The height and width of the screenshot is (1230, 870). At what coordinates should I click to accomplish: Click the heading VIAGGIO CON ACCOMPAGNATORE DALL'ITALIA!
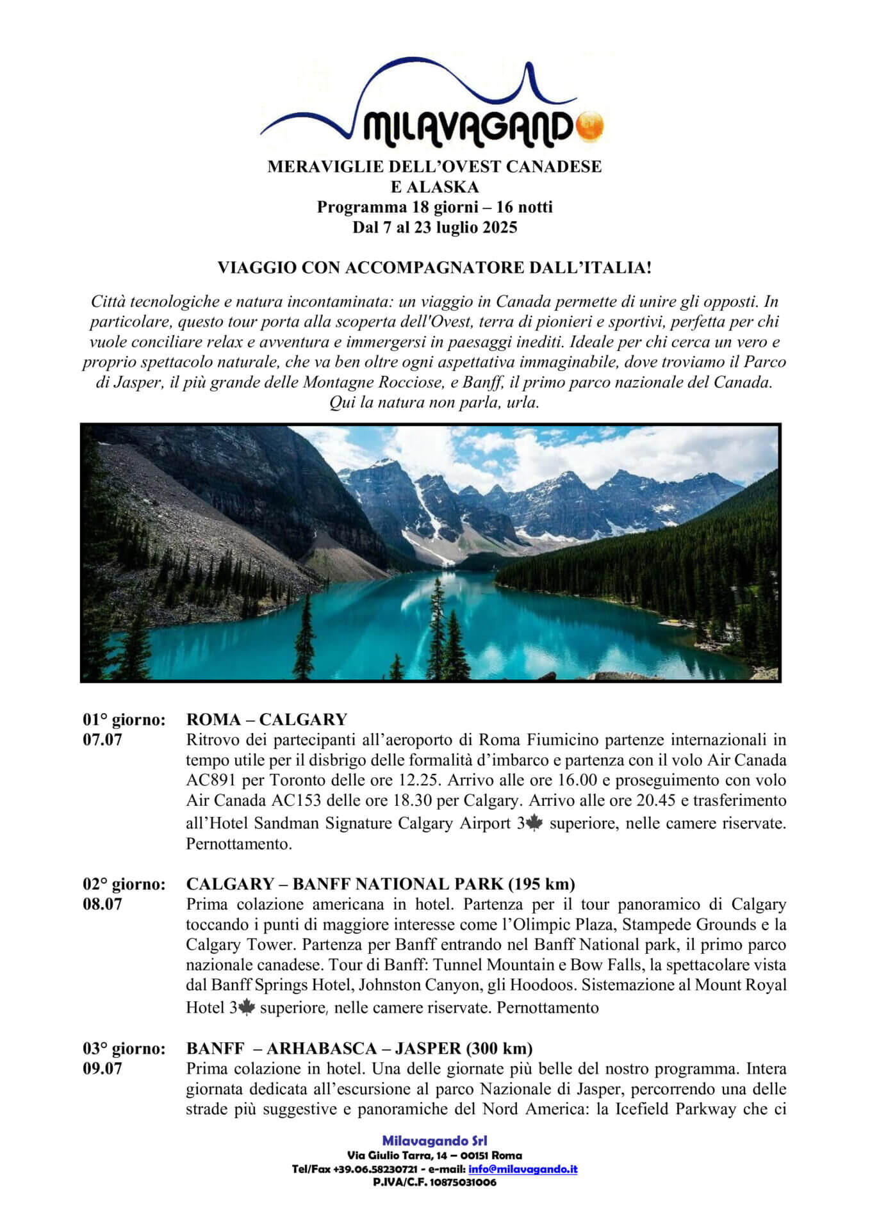(x=434, y=268)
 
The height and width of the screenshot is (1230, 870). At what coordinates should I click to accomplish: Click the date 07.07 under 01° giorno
(x=103, y=740)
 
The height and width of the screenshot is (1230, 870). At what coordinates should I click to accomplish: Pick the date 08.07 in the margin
(x=103, y=905)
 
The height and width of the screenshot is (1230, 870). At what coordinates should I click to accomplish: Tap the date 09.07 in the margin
(x=103, y=1069)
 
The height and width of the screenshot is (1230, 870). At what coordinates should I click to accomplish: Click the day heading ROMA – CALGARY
(x=267, y=719)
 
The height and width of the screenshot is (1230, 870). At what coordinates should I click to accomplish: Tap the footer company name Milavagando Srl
(x=434, y=1141)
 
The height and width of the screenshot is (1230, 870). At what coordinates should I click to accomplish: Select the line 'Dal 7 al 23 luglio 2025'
(x=434, y=227)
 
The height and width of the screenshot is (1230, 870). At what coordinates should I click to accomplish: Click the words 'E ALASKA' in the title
(x=434, y=187)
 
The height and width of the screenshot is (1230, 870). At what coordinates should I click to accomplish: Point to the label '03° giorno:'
(x=124, y=1048)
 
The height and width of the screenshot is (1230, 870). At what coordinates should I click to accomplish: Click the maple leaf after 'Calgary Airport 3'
(x=534, y=824)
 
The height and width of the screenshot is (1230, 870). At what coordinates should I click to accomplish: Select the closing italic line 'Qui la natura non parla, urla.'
(x=434, y=403)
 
